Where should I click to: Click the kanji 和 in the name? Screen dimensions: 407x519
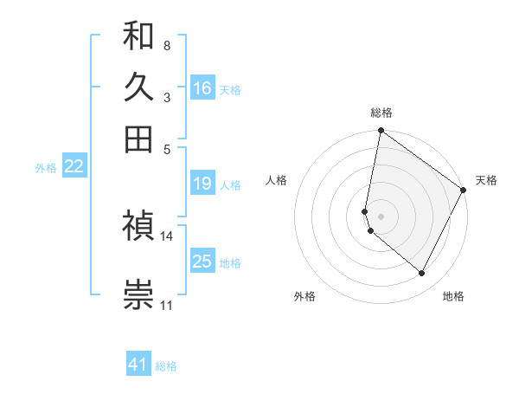138,36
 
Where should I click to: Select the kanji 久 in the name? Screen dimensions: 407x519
138,87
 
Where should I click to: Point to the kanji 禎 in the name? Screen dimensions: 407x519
138,228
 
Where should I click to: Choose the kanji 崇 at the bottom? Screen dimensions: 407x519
138,294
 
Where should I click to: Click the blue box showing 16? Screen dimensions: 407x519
202,88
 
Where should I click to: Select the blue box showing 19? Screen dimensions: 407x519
202,184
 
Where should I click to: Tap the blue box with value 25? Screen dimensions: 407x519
202,262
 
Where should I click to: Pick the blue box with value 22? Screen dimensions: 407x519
74,167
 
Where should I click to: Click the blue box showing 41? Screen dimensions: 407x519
138,365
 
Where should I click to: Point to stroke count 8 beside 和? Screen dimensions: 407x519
166,44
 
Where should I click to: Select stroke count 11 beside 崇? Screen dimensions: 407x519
166,305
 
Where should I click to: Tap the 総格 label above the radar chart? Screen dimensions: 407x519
381,113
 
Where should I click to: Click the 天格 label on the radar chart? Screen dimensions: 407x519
486,180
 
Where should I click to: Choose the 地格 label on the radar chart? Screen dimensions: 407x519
453,296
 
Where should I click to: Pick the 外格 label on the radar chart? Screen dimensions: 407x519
304,296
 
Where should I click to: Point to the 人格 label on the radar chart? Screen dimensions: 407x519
277,180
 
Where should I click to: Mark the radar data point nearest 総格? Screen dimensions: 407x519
381,132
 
